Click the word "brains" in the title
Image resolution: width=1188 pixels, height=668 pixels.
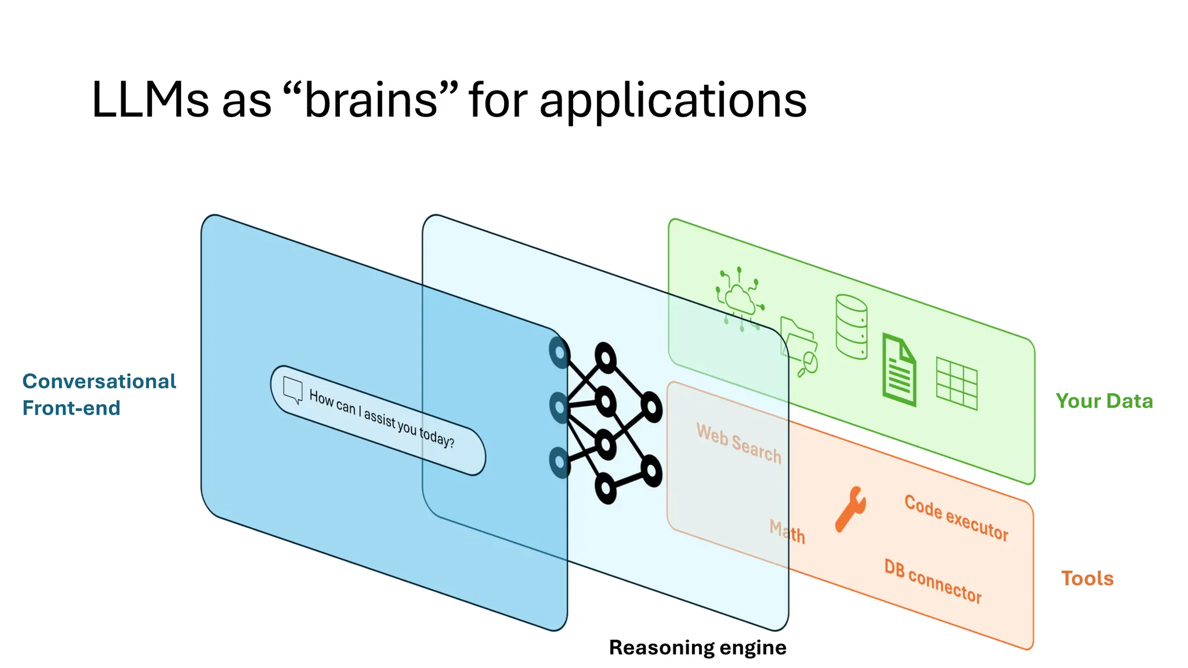[x=371, y=100]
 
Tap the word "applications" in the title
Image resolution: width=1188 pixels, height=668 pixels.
[x=672, y=101]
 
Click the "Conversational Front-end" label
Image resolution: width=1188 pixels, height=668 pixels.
[x=99, y=394]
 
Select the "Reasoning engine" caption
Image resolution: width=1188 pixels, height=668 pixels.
[x=697, y=647]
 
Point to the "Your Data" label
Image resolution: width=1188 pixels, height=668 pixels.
[x=1104, y=401]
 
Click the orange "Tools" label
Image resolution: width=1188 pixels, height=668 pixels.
[x=1087, y=579]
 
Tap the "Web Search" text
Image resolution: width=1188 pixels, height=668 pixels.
[x=738, y=444]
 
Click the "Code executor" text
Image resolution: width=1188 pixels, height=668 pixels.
[x=956, y=518]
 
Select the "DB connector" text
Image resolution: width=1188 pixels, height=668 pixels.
[x=932, y=581]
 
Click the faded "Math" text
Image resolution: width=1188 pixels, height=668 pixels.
[x=787, y=532]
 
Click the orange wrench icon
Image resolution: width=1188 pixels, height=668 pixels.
[x=850, y=509]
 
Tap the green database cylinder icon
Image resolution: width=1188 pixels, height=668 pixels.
[x=852, y=326]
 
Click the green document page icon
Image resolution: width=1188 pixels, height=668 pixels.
[x=899, y=370]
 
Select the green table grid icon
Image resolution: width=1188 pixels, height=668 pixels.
[x=957, y=384]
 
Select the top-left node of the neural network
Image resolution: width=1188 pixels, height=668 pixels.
[x=559, y=353]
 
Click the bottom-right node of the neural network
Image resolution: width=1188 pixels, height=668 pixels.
[x=651, y=471]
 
